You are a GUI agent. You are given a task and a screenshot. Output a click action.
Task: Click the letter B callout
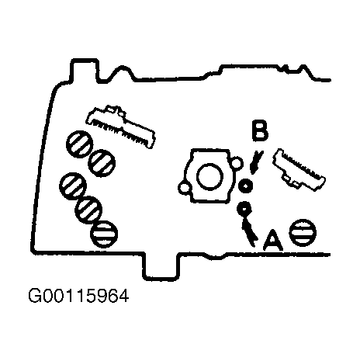click(260, 130)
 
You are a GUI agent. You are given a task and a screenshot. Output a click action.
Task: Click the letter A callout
click(273, 240)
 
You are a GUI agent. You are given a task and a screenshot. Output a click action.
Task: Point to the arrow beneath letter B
click(256, 162)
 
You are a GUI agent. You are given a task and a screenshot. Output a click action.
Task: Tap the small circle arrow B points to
click(245, 186)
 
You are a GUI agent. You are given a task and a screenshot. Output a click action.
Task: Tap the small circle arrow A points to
click(244, 208)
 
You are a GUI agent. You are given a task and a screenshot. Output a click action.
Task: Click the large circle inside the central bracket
click(209, 177)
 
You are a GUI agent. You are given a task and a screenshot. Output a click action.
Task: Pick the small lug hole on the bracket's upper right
click(237, 163)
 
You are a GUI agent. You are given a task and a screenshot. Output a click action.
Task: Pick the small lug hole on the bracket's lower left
click(185, 189)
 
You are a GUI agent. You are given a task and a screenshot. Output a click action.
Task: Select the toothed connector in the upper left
click(121, 126)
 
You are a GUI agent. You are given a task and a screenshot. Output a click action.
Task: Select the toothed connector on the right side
click(299, 170)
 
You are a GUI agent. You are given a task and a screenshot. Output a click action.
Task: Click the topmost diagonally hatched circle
click(80, 144)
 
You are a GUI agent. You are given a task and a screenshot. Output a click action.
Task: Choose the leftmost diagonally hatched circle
click(73, 186)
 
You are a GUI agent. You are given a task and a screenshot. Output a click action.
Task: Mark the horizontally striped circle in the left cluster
click(104, 234)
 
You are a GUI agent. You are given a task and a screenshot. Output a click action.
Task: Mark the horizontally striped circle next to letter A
click(303, 233)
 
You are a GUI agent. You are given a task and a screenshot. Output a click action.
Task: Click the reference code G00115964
click(78, 296)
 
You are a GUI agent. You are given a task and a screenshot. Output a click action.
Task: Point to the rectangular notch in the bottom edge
click(161, 266)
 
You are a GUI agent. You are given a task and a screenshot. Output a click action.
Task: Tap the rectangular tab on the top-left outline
click(85, 70)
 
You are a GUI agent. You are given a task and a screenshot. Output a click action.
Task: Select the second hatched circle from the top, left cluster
click(102, 163)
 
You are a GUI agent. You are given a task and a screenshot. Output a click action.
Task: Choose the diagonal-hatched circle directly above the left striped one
click(88, 210)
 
